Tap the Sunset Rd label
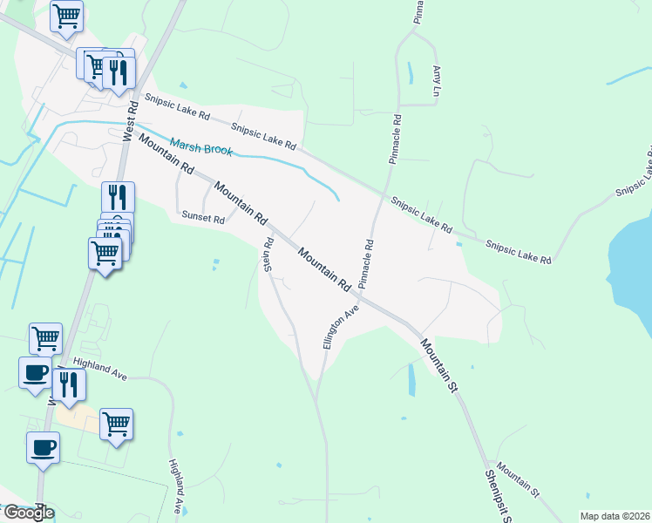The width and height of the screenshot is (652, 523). click(202, 218)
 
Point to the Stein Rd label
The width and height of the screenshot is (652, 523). click(269, 255)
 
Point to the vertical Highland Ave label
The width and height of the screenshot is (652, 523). click(177, 486)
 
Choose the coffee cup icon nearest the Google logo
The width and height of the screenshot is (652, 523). click(43, 448)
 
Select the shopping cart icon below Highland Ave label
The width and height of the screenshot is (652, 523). click(116, 425)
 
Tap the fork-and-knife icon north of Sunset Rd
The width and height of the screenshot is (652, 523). click(117, 197)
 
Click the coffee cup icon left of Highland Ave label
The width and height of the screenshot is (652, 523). click(35, 373)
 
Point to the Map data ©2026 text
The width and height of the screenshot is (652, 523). click(615, 516)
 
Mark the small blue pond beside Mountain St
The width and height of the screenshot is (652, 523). click(411, 379)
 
